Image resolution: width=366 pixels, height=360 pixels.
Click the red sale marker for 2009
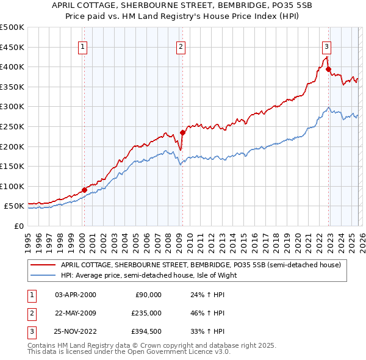coord(182,132)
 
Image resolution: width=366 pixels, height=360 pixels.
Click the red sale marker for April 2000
coord(84,190)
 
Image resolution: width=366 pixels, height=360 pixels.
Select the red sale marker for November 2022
coord(328,69)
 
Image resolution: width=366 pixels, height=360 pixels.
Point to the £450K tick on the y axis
coord(12,47)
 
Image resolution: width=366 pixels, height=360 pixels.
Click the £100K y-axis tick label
coord(12,186)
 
